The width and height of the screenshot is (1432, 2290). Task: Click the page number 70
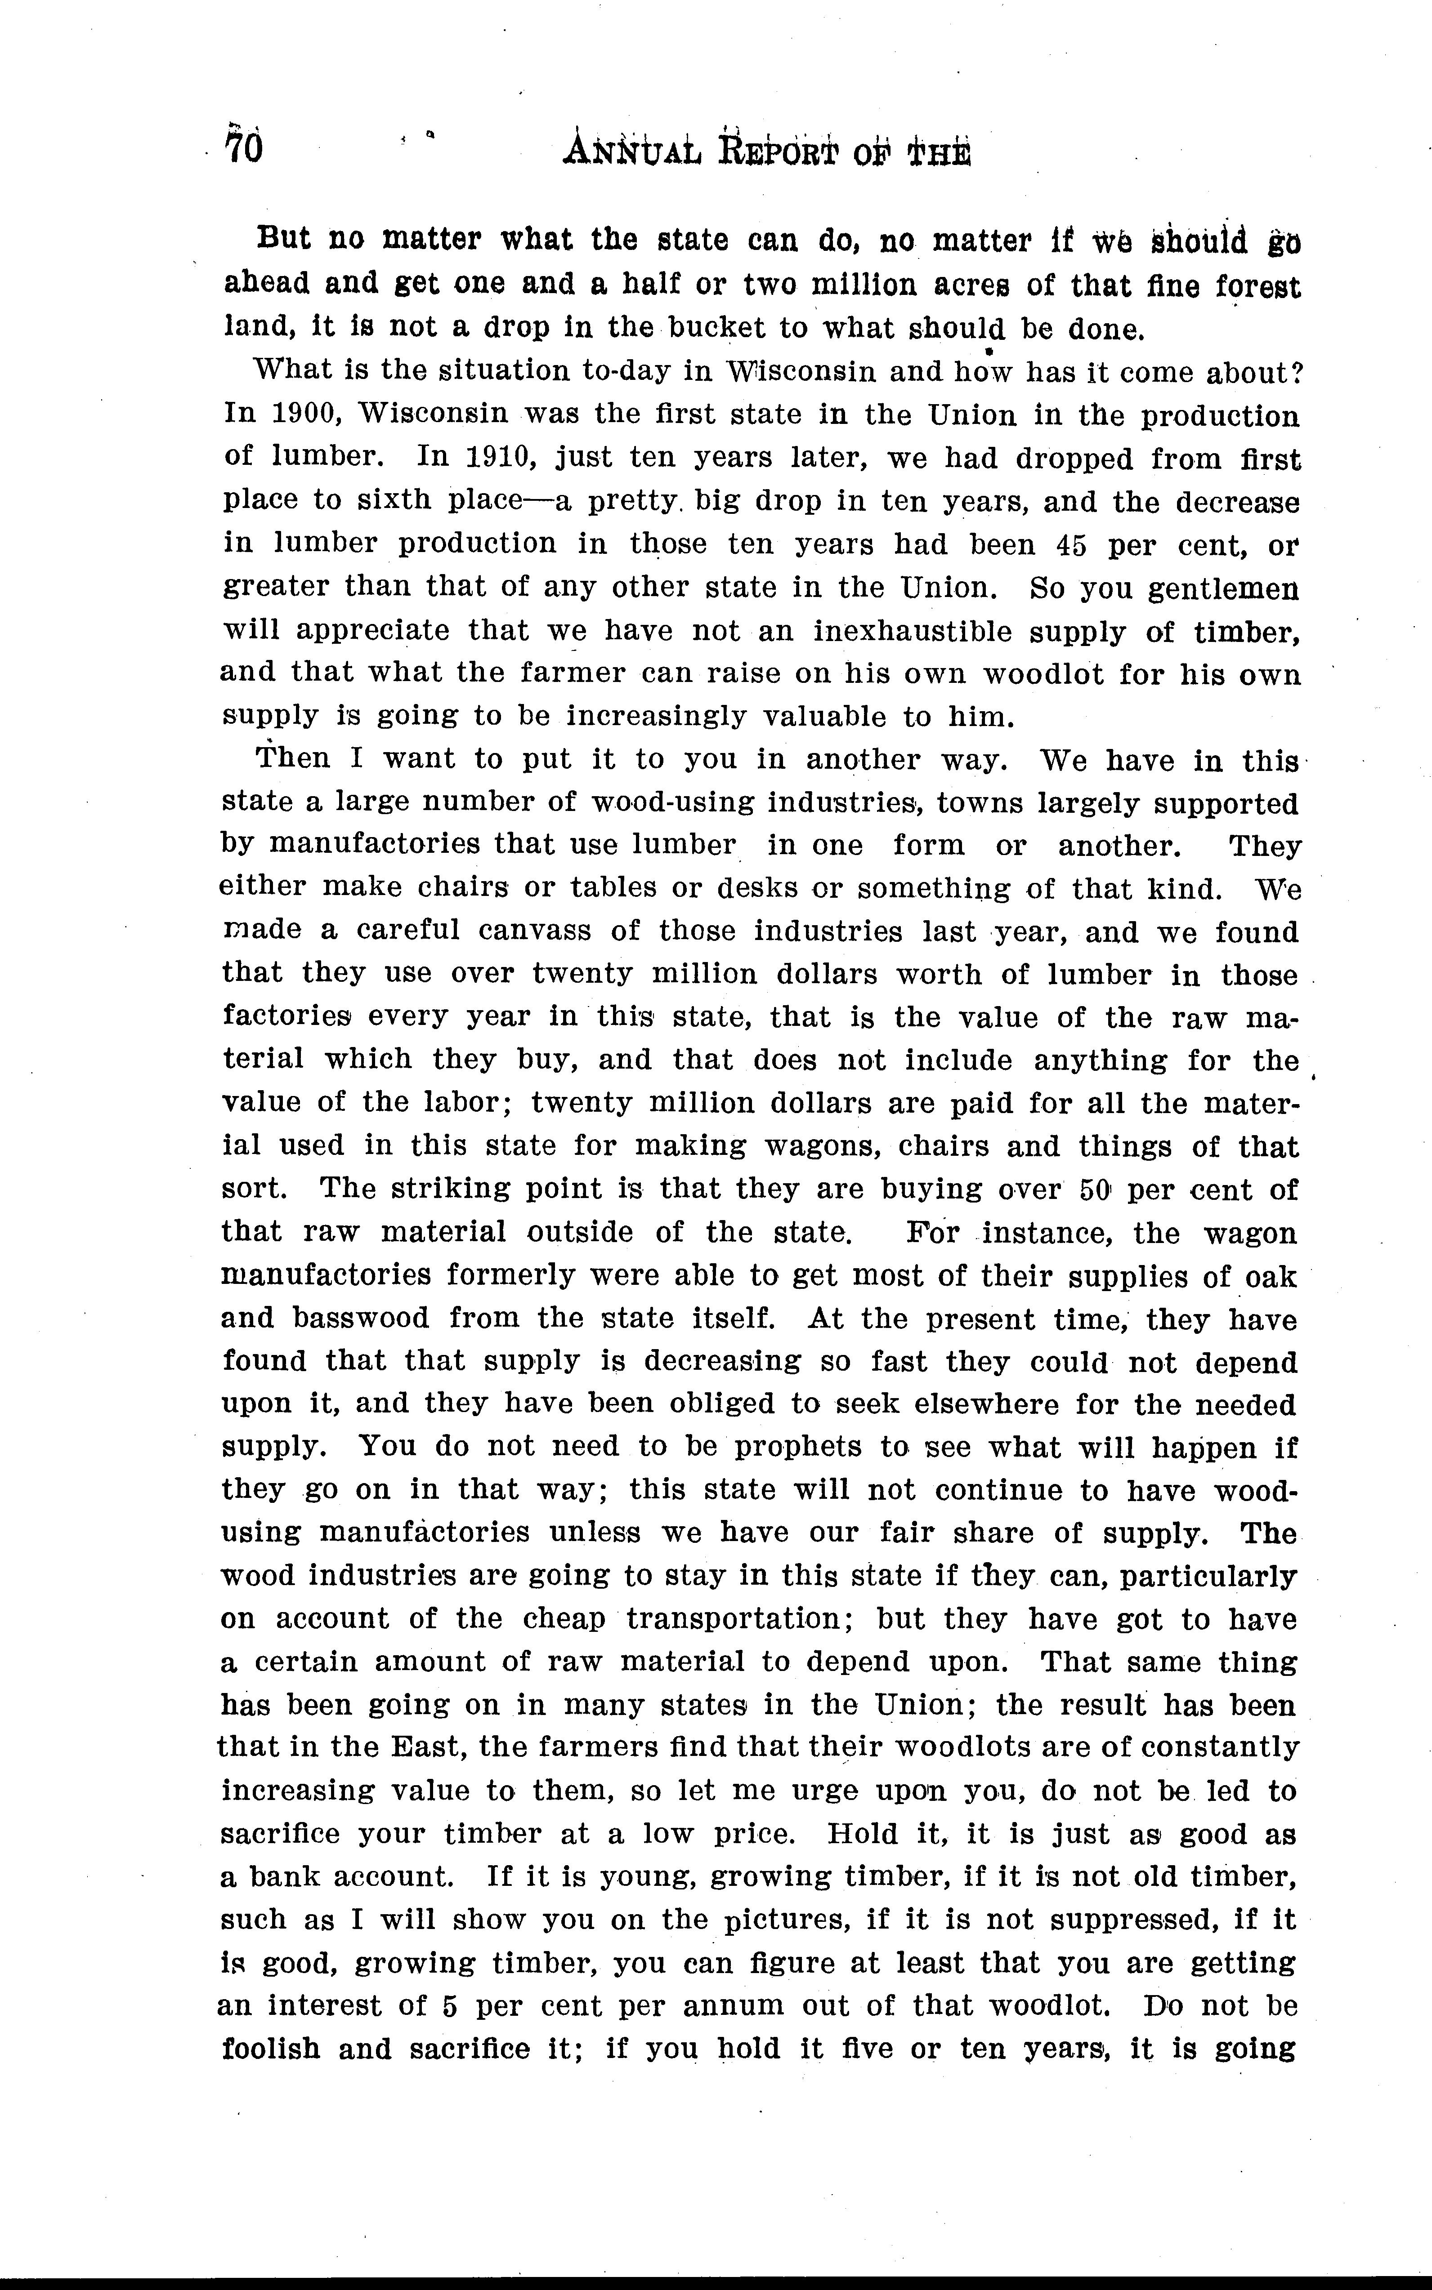click(x=243, y=149)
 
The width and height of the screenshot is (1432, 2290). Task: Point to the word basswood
click(x=361, y=1318)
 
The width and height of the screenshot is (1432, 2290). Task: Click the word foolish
click(x=271, y=2049)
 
